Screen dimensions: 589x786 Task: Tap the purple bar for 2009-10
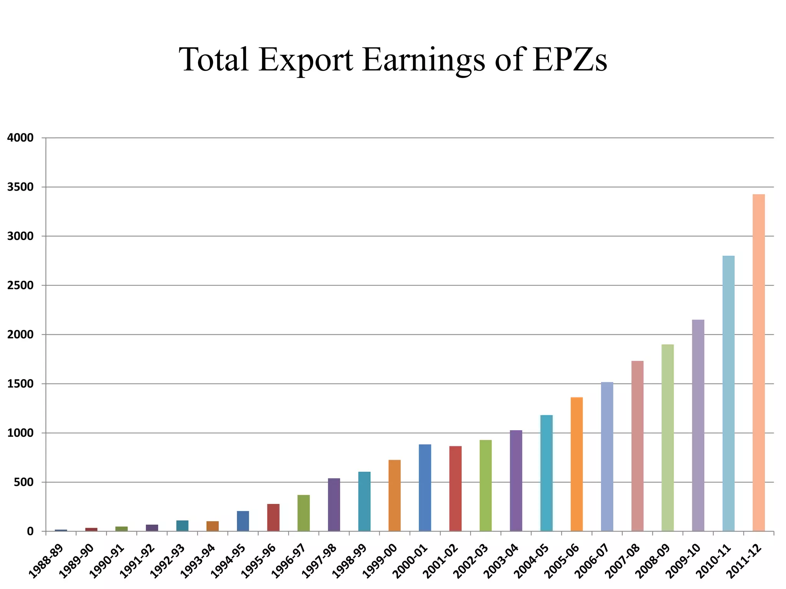coord(698,425)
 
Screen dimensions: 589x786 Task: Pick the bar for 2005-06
coord(576,464)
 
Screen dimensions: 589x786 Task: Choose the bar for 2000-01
coord(425,487)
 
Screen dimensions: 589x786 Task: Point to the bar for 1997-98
coord(334,504)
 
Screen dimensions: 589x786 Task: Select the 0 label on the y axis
coord(30,531)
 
